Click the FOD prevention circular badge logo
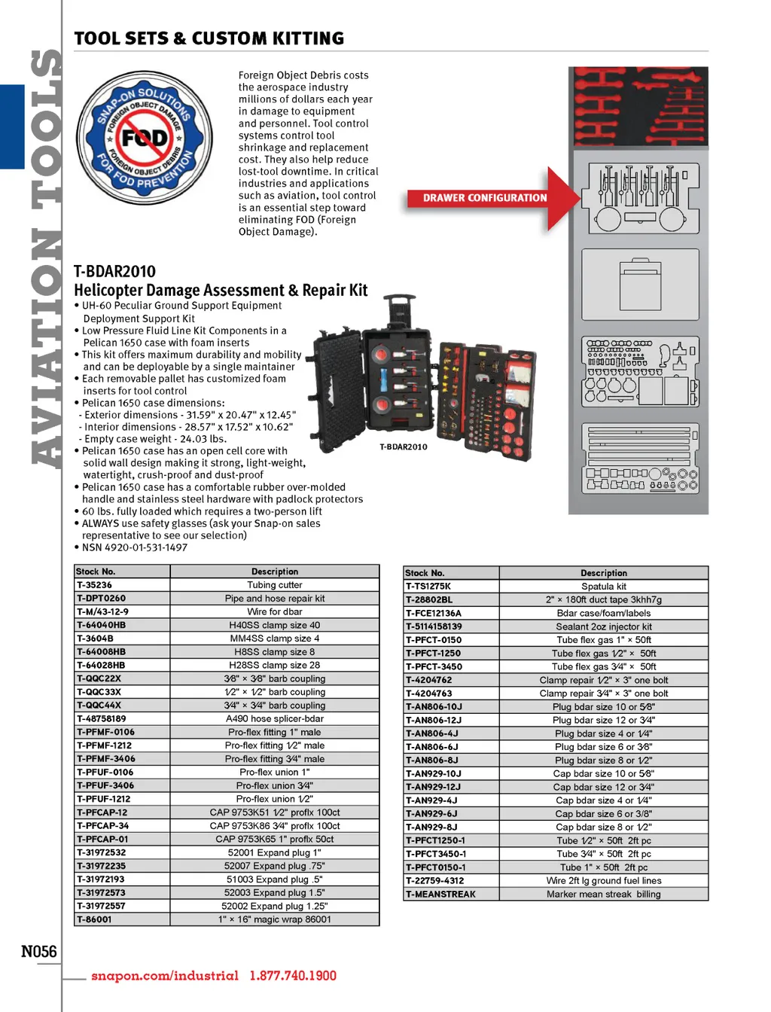(145, 139)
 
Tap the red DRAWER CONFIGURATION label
(484, 198)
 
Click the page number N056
(39, 951)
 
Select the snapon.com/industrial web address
(165, 976)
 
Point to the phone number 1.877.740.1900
(293, 976)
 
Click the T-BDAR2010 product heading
(114, 271)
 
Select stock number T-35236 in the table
(94, 585)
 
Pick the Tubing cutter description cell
(275, 585)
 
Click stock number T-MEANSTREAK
(440, 895)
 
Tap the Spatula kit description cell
(603, 587)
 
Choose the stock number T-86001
(94, 919)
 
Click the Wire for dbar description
(275, 612)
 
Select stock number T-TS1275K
(428, 587)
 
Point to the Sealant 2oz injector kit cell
(603, 626)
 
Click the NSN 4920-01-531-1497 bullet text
(134, 547)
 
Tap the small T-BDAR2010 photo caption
(403, 447)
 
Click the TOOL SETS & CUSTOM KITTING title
(209, 38)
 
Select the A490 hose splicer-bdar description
(275, 719)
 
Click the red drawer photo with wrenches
(638, 105)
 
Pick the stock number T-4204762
(429, 680)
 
